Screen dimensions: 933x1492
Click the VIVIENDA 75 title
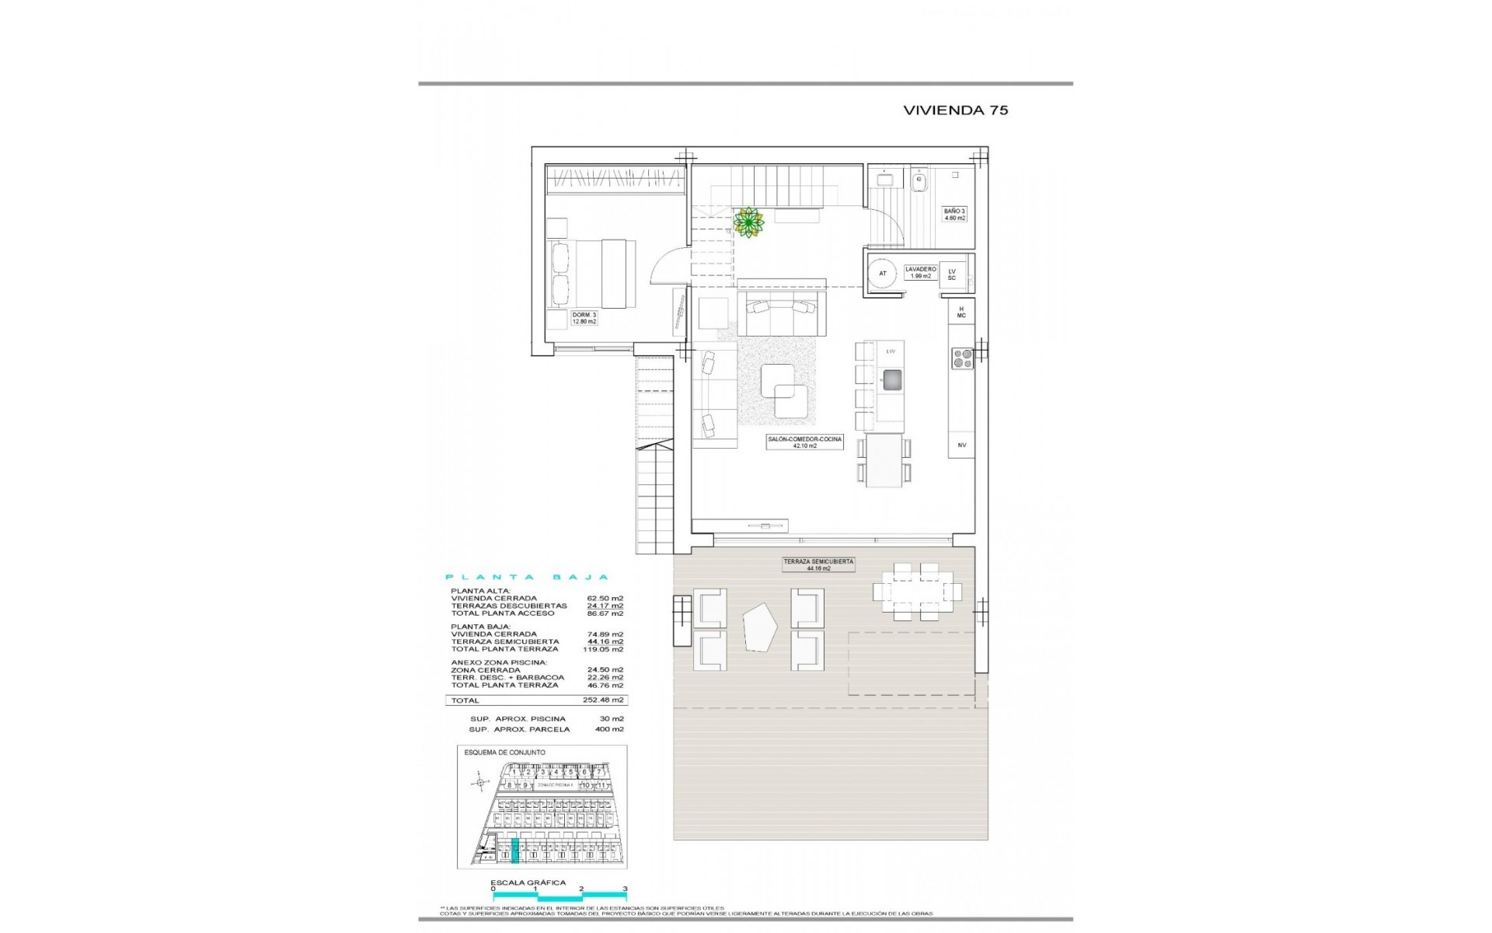pos(955,110)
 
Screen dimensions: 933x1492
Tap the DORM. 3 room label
pos(583,317)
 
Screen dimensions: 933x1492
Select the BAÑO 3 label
pos(954,215)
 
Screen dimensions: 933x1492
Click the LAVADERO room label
pos(920,272)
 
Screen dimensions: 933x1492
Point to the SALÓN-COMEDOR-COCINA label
pos(804,442)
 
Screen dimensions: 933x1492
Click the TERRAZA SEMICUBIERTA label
pos(818,564)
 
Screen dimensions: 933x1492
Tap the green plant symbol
pos(748,222)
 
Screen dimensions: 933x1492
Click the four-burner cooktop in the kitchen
pos(962,358)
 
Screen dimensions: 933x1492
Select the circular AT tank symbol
pos(882,274)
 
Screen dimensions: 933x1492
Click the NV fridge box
pos(961,445)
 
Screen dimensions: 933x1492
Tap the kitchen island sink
pos(891,379)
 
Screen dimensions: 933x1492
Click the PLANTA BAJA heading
pos(526,578)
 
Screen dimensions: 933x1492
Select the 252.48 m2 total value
pos(606,701)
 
